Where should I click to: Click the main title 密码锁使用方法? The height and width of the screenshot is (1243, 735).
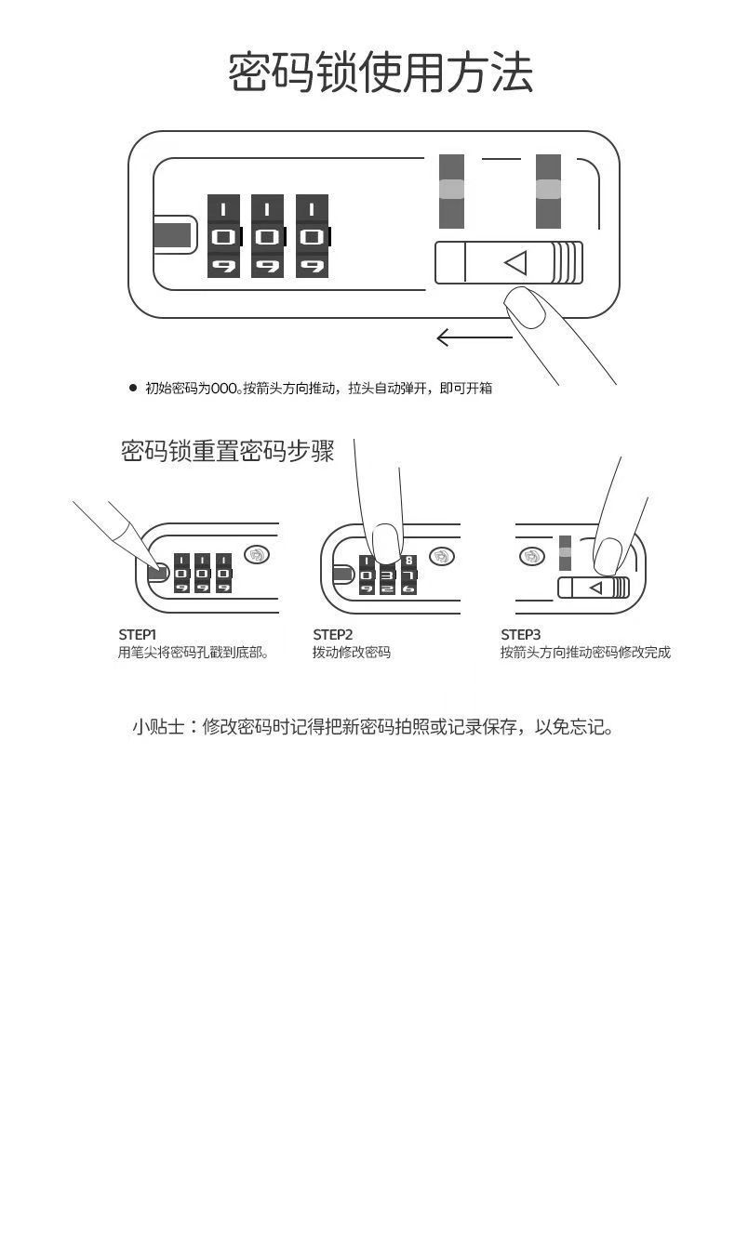(x=381, y=73)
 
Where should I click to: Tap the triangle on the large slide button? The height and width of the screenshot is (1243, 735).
(x=515, y=263)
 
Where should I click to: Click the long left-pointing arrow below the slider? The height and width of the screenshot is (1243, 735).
(x=473, y=337)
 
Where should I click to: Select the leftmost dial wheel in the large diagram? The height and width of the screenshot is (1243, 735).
(x=223, y=236)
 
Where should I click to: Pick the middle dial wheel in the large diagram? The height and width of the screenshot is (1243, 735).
(x=267, y=236)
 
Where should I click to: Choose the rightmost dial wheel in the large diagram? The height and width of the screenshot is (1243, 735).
(x=312, y=236)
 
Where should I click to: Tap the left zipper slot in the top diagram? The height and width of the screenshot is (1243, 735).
(x=451, y=191)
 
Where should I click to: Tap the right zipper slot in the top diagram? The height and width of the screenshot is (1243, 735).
(x=548, y=191)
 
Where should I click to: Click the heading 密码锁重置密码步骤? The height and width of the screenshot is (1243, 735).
(x=227, y=452)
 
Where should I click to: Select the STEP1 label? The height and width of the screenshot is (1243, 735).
(x=137, y=635)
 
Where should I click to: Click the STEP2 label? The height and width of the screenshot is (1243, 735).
(x=332, y=635)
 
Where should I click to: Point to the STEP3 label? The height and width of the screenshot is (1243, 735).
(x=520, y=635)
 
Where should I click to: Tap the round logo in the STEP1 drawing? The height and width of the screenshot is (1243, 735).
(x=258, y=555)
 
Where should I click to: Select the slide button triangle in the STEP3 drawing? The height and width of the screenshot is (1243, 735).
(x=595, y=588)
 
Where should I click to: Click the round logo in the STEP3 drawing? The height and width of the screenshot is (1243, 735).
(x=530, y=556)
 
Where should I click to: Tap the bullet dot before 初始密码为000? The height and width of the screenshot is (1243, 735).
(x=132, y=389)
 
